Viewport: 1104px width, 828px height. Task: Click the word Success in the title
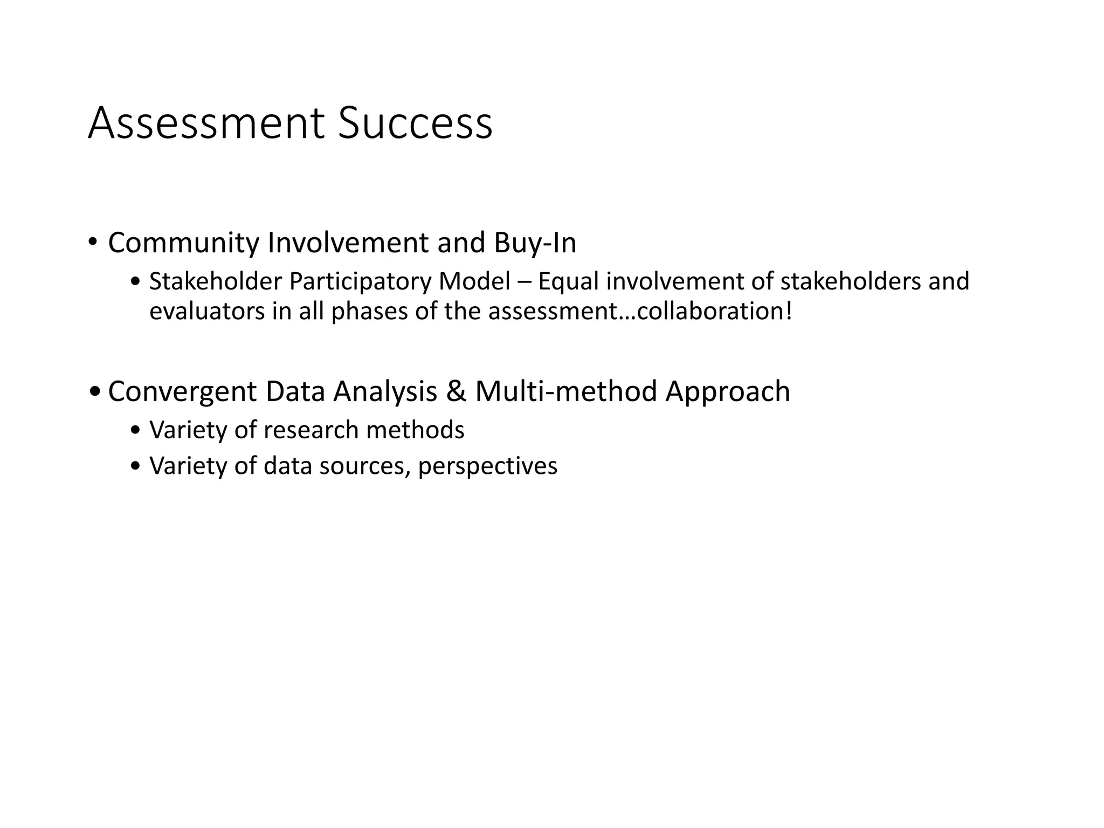[x=415, y=124]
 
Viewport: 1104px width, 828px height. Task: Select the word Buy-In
[x=535, y=243]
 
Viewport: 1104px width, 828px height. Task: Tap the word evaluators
[x=207, y=312]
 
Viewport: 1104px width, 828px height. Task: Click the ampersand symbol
[x=456, y=391]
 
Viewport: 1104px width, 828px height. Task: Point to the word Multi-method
[x=566, y=391]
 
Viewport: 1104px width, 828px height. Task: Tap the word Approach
[x=728, y=392]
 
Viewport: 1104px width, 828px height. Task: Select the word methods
[x=415, y=430]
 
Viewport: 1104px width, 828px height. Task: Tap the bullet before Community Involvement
[x=93, y=242]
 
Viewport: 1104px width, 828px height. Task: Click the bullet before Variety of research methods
[x=135, y=431]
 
